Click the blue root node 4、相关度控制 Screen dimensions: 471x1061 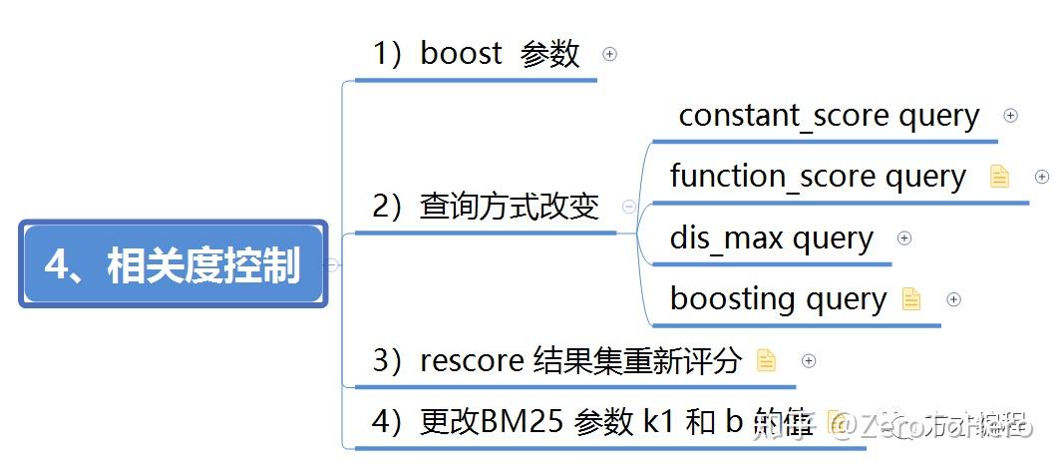pyautogui.click(x=173, y=264)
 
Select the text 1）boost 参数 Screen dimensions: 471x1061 pyautogui.click(x=476, y=54)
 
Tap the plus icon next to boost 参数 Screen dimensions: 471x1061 pyautogui.click(x=610, y=54)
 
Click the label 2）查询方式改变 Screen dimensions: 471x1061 pyautogui.click(x=486, y=207)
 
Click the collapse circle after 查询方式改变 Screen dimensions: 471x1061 pyautogui.click(x=629, y=207)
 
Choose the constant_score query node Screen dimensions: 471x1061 pyautogui.click(x=829, y=116)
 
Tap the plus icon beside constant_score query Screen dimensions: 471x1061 pyautogui.click(x=1010, y=116)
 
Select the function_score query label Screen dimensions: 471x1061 pyautogui.click(x=818, y=177)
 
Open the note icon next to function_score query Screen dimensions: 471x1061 pyautogui.click(x=999, y=177)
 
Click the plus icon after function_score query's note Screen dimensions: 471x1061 pyautogui.click(x=1042, y=177)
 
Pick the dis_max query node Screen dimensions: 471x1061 pyautogui.click(x=771, y=238)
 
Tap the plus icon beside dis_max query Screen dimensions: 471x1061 pyautogui.click(x=904, y=237)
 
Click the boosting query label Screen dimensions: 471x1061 pyautogui.click(x=778, y=298)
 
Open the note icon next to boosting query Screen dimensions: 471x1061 pyautogui.click(x=911, y=298)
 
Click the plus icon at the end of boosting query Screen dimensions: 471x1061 pyautogui.click(x=953, y=298)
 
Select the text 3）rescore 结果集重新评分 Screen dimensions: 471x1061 pyautogui.click(x=556, y=360)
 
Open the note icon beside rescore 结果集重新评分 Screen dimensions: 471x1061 pyautogui.click(x=766, y=360)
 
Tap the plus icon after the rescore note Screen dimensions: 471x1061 pyautogui.click(x=809, y=360)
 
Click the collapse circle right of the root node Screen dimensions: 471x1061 pyautogui.click(x=333, y=264)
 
